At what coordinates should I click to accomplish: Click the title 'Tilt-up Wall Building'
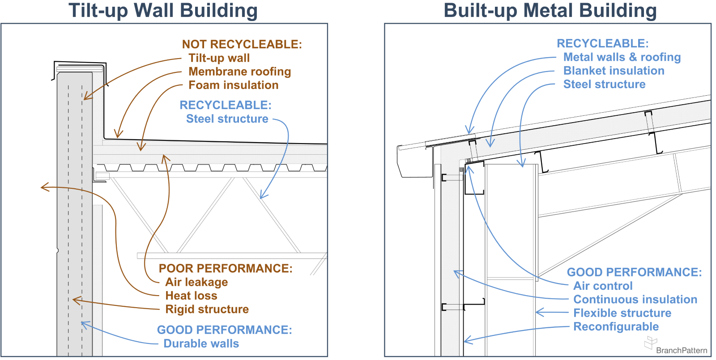(163, 11)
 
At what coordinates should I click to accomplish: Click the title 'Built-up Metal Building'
(550, 11)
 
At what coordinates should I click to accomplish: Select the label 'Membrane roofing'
(239, 72)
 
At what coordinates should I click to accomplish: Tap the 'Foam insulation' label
(233, 85)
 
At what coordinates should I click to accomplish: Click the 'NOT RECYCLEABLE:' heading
(242, 44)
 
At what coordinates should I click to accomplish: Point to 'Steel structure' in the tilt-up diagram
(227, 119)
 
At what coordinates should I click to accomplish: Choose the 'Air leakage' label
(196, 282)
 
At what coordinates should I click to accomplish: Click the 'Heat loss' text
(191, 296)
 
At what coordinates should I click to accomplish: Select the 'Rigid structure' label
(207, 309)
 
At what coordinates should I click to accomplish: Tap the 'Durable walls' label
(201, 343)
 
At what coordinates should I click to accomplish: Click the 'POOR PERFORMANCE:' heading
(225, 268)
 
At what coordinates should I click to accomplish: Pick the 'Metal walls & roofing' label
(622, 57)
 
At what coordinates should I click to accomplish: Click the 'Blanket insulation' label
(614, 71)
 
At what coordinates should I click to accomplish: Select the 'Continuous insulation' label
(635, 300)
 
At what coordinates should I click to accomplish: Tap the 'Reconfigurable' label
(616, 327)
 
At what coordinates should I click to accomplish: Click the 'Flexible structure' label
(622, 313)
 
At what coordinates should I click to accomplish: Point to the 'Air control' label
(603, 286)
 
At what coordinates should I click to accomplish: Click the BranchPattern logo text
(681, 350)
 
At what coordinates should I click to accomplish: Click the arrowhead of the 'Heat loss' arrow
(42, 187)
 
